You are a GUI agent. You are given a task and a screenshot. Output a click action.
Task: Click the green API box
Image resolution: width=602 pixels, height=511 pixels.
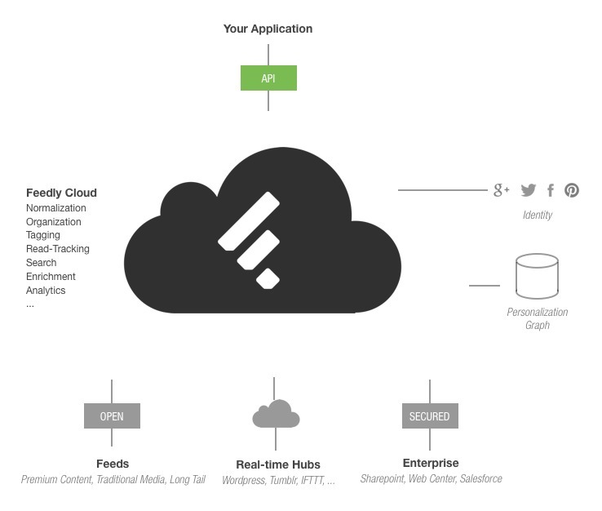[x=268, y=78]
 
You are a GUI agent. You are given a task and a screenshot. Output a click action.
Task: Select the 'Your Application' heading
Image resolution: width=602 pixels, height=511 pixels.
[x=268, y=29]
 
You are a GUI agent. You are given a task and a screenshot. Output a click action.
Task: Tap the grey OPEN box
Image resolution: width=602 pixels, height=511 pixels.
[x=112, y=416]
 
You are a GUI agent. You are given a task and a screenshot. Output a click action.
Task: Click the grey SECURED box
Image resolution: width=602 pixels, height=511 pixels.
[x=429, y=416]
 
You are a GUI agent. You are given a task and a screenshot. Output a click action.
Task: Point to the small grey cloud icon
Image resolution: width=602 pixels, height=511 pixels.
[x=276, y=415]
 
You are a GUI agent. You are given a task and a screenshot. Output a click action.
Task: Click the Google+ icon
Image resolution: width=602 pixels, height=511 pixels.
[x=501, y=190]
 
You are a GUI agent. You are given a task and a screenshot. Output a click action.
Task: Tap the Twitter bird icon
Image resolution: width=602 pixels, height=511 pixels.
[x=529, y=190]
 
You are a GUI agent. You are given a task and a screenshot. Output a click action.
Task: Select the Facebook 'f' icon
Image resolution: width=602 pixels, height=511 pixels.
[x=551, y=190]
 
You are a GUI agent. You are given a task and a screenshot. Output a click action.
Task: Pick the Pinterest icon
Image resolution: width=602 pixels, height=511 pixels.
[x=572, y=190]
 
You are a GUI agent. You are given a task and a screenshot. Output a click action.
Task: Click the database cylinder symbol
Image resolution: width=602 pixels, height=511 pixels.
[x=537, y=276]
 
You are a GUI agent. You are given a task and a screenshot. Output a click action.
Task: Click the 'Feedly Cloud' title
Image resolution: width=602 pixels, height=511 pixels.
[x=61, y=193]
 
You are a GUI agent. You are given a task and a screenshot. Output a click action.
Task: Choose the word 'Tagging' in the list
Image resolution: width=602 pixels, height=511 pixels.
[x=43, y=235]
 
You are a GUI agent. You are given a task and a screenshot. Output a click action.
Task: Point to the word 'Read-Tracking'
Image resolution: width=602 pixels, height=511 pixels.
[x=58, y=249]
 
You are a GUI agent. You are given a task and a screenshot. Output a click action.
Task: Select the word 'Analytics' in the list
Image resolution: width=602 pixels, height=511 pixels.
[x=46, y=291]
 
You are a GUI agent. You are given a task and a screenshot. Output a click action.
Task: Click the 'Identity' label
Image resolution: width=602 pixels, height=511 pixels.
[x=537, y=215]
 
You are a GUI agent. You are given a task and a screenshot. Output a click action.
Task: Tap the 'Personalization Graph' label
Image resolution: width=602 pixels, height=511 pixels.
[x=537, y=318]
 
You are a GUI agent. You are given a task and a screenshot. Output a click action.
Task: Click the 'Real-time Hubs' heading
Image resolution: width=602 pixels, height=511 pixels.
[x=277, y=464]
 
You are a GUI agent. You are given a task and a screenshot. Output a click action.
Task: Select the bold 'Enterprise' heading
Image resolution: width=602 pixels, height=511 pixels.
[x=431, y=463]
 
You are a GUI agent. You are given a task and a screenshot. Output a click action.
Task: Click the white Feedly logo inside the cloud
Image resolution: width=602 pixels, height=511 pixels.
[x=250, y=240]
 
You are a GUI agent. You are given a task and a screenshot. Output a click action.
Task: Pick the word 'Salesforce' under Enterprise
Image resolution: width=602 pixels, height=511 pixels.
[x=480, y=479]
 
